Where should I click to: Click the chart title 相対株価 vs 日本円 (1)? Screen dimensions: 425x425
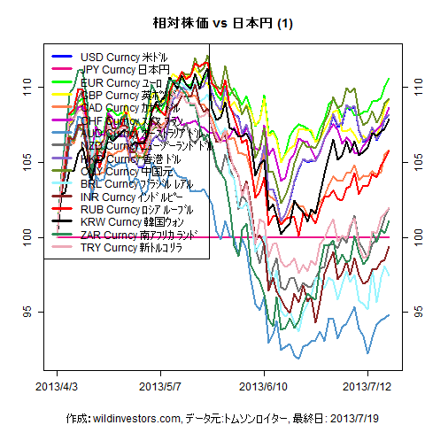click(x=212, y=23)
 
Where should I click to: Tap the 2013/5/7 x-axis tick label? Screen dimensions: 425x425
click(x=161, y=387)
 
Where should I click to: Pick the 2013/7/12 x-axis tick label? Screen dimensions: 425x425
click(x=366, y=387)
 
